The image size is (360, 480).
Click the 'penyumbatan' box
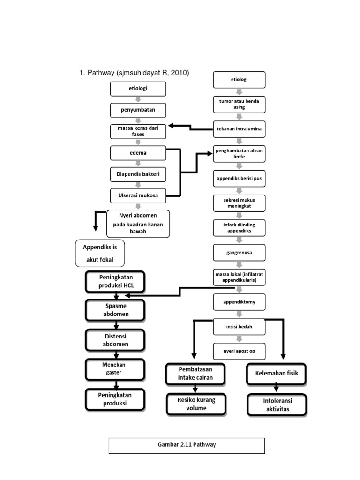point(138,110)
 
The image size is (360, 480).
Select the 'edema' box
point(138,153)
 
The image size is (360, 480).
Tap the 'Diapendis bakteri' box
point(138,174)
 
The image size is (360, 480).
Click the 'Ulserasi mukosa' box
point(138,195)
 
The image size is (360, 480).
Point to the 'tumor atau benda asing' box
point(239,104)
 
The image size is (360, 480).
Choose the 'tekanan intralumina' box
point(239,128)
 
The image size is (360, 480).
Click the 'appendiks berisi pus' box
point(239,179)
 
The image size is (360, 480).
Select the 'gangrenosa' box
point(239,252)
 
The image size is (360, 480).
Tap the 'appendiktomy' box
point(239,302)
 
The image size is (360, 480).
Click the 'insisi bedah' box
point(239,327)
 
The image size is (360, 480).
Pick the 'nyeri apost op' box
point(239,351)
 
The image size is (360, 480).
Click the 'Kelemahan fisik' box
point(276,374)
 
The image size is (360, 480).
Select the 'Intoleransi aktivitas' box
point(276,405)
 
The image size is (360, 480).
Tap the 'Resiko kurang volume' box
point(195,404)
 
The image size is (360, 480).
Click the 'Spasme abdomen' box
point(114,310)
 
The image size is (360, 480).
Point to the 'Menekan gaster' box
point(114,368)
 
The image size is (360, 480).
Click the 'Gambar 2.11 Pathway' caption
point(187,445)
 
